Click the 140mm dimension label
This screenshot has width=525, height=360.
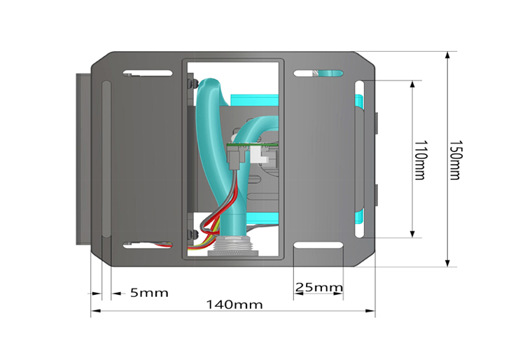pos(234,305)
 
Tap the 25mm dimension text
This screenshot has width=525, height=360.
pos(318,287)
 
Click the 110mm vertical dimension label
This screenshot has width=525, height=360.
pos(419,160)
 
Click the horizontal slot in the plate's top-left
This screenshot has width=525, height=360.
pos(148,73)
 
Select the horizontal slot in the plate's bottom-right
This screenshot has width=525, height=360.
pos(318,245)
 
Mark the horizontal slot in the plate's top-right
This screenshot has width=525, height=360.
pos(318,73)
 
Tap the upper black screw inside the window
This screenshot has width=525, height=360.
pos(190,84)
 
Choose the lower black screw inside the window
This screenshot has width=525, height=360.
pos(190,233)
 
